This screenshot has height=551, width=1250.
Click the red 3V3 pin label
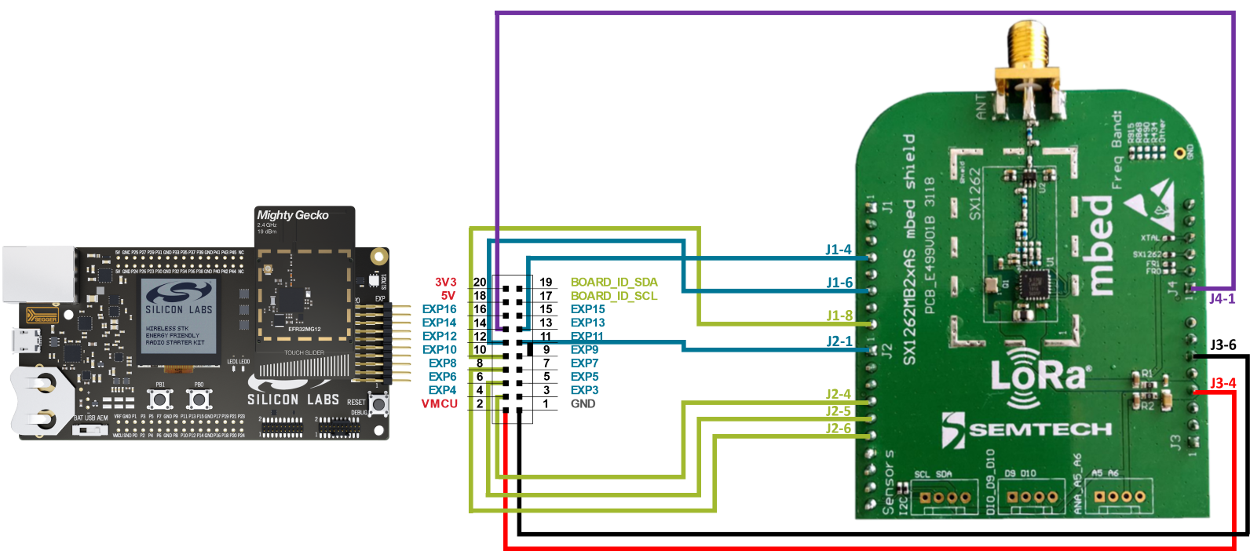(445, 282)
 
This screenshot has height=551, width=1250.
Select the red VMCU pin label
(439, 403)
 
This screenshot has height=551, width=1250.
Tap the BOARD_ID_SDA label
(614, 282)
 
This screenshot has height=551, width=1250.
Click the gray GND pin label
(583, 403)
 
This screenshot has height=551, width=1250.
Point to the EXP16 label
(439, 309)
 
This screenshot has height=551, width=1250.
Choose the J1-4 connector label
(839, 250)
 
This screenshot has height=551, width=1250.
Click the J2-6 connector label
(839, 428)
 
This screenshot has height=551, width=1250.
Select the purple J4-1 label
(1222, 298)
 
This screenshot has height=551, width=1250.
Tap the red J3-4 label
(1223, 383)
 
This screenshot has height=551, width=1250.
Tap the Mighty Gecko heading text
(293, 215)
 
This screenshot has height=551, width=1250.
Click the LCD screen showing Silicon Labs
(179, 320)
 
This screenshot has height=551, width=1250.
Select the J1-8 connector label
(839, 316)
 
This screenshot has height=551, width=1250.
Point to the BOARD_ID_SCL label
(614, 296)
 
